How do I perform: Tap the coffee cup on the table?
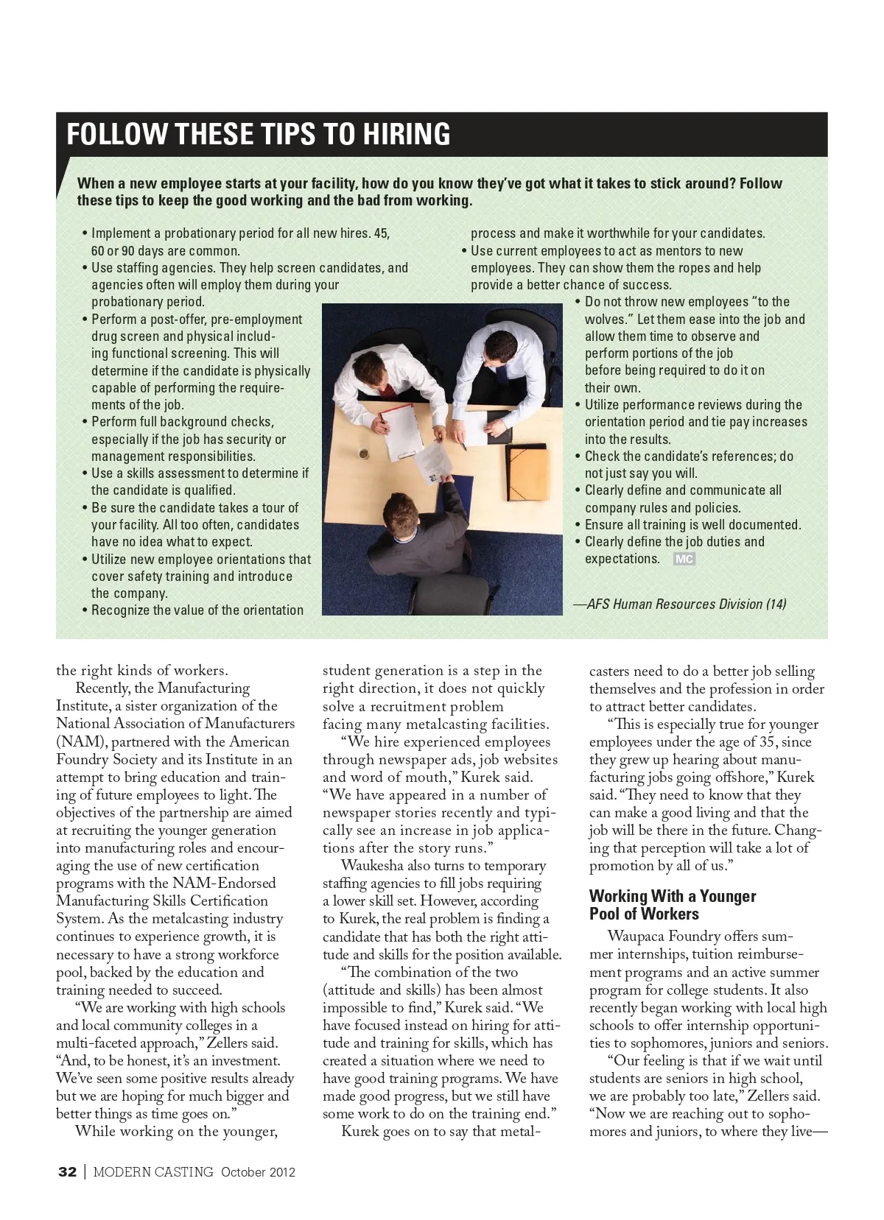point(365,451)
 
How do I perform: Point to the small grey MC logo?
point(684,560)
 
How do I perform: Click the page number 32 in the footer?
point(67,1172)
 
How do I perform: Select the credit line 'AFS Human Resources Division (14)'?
point(686,604)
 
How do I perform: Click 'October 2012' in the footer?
point(258,1172)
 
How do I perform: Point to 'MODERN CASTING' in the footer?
point(153,1172)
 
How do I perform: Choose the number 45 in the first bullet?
point(381,233)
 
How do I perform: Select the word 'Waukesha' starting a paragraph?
point(372,866)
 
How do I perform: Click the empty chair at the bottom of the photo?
point(464,589)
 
